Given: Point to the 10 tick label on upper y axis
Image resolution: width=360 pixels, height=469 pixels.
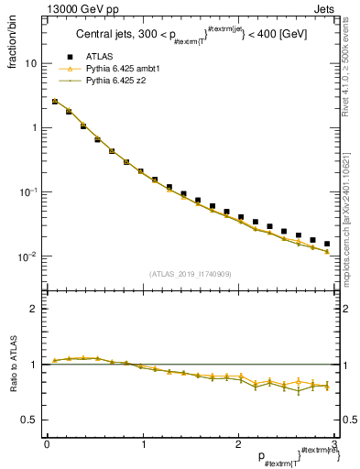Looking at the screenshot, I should [30, 64].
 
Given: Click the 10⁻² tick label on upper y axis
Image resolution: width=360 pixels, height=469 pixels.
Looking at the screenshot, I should [28, 256].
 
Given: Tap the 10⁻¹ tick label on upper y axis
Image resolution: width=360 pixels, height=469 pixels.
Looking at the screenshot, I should [28, 192].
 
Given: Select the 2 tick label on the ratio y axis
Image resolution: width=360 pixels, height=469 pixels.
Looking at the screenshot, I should [33, 309].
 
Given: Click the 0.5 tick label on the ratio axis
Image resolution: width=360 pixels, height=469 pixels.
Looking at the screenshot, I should [29, 420].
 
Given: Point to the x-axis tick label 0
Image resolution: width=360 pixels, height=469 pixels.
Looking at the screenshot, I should [47, 444].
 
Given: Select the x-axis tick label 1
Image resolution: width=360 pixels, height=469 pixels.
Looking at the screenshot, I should [142, 444].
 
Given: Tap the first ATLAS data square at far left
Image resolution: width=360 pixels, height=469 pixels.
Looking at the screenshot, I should [55, 102].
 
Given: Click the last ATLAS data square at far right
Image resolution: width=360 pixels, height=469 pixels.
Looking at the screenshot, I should [327, 244].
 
